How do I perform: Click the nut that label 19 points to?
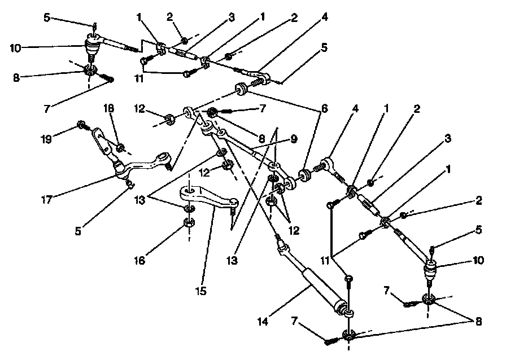tap(82, 124)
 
